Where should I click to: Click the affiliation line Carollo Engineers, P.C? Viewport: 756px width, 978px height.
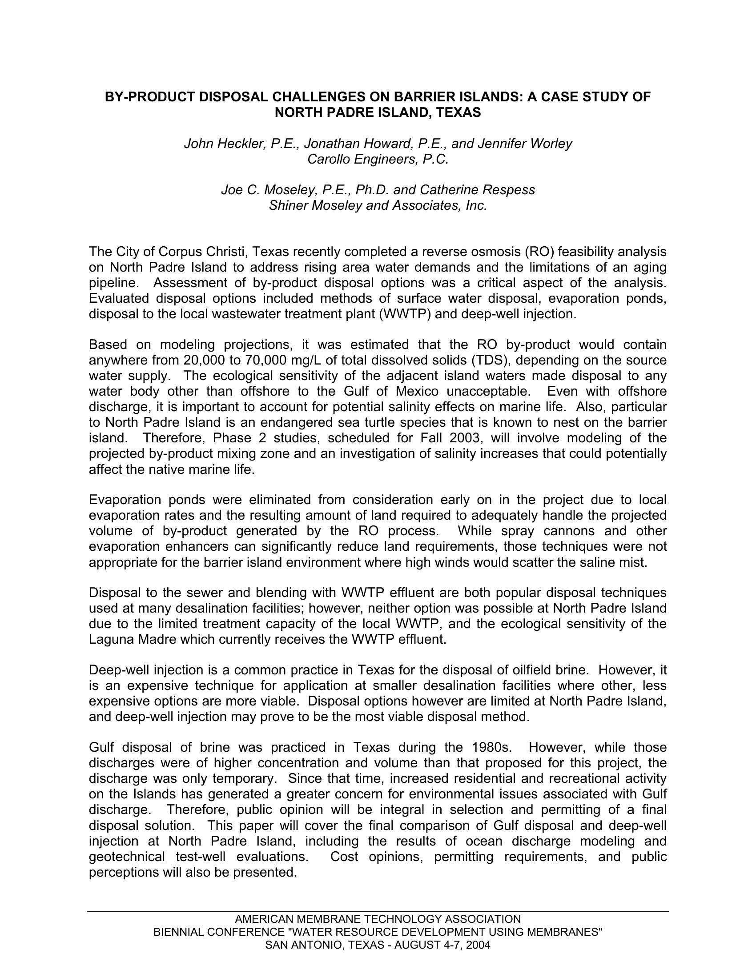coord(378,159)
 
